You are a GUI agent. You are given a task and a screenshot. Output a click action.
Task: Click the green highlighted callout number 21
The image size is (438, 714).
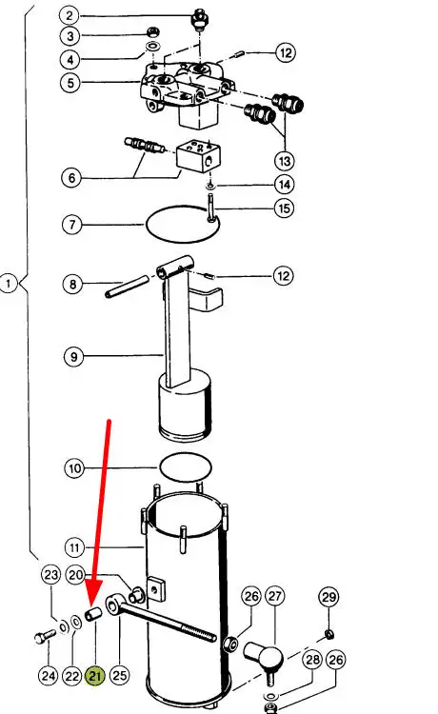click(x=94, y=676)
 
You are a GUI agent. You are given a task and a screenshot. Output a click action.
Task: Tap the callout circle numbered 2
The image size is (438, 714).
click(x=70, y=15)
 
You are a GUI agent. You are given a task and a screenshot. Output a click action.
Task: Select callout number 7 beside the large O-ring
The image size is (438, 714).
click(x=72, y=225)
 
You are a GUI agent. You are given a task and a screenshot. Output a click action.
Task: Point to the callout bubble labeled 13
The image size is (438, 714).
click(x=285, y=161)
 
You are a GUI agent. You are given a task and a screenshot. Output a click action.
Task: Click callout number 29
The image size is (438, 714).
click(x=328, y=597)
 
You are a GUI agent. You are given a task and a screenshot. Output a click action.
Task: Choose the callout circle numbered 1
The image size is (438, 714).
click(x=9, y=284)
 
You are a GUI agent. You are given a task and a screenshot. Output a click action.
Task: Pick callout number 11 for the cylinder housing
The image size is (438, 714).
click(x=74, y=547)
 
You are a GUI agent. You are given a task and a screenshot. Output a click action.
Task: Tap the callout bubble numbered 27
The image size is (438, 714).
click(x=274, y=596)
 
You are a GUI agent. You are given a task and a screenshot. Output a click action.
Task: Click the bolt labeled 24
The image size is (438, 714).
click(x=45, y=637)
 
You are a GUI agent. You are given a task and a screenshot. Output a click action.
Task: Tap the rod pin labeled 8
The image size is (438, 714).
click(x=127, y=286)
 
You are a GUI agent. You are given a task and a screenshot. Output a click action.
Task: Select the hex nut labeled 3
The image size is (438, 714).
click(x=152, y=31)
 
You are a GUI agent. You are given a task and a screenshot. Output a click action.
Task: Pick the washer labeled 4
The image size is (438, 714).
click(x=152, y=46)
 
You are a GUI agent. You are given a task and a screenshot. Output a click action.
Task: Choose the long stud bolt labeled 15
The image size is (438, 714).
click(x=210, y=208)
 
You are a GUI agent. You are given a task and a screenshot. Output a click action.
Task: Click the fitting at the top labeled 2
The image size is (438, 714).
click(x=200, y=19)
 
